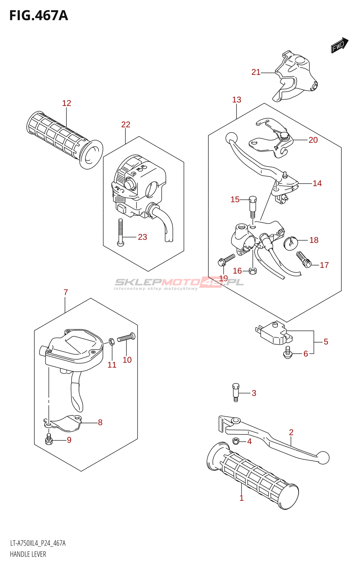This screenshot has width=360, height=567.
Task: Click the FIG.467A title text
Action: pos(39,16)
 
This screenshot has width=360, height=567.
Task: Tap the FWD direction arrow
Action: pos(339,45)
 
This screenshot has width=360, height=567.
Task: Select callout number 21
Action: pos(256,72)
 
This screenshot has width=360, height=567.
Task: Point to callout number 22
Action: pos(126,124)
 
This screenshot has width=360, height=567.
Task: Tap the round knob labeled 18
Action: pos(290,242)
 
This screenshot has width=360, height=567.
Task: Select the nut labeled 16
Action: pos(253,271)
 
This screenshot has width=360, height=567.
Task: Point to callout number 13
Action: pos(237,100)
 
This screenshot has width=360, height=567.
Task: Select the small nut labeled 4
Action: pos(236,441)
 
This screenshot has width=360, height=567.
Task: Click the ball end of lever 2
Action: pos(323,457)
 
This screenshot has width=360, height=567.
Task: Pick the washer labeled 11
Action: pos(111,341)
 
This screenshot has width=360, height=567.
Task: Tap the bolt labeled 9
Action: pos(49,440)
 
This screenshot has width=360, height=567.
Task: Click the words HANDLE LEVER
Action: pos(28,554)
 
